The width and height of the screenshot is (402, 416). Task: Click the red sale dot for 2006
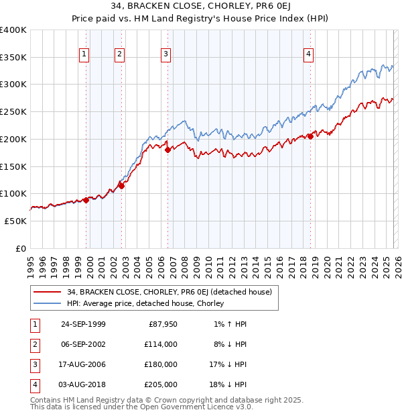pyautogui.click(x=167, y=150)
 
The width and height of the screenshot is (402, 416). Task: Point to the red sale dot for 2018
pyautogui.click(x=310, y=136)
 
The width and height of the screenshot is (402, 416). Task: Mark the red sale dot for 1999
pyautogui.click(x=86, y=200)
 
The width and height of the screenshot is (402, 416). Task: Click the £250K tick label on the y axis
pyautogui.click(x=13, y=111)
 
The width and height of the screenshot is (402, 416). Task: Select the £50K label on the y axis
pyautogui.click(x=15, y=221)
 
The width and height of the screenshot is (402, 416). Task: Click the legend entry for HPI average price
pyautogui.click(x=145, y=303)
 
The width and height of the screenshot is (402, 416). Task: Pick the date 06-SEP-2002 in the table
pyautogui.click(x=83, y=344)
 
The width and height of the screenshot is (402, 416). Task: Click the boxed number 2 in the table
pyautogui.click(x=33, y=344)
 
